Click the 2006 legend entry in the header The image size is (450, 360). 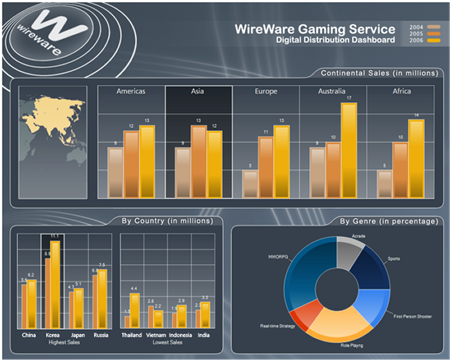422,41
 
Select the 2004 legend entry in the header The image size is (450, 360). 422,26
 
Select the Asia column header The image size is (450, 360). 198,91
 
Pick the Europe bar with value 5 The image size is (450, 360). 250,184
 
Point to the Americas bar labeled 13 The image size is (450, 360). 147,161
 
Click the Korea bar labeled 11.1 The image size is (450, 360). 55,283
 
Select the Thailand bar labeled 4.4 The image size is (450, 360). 134,310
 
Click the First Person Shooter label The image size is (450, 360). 411,316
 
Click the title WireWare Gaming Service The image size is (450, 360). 315,29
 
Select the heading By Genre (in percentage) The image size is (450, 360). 388,221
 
